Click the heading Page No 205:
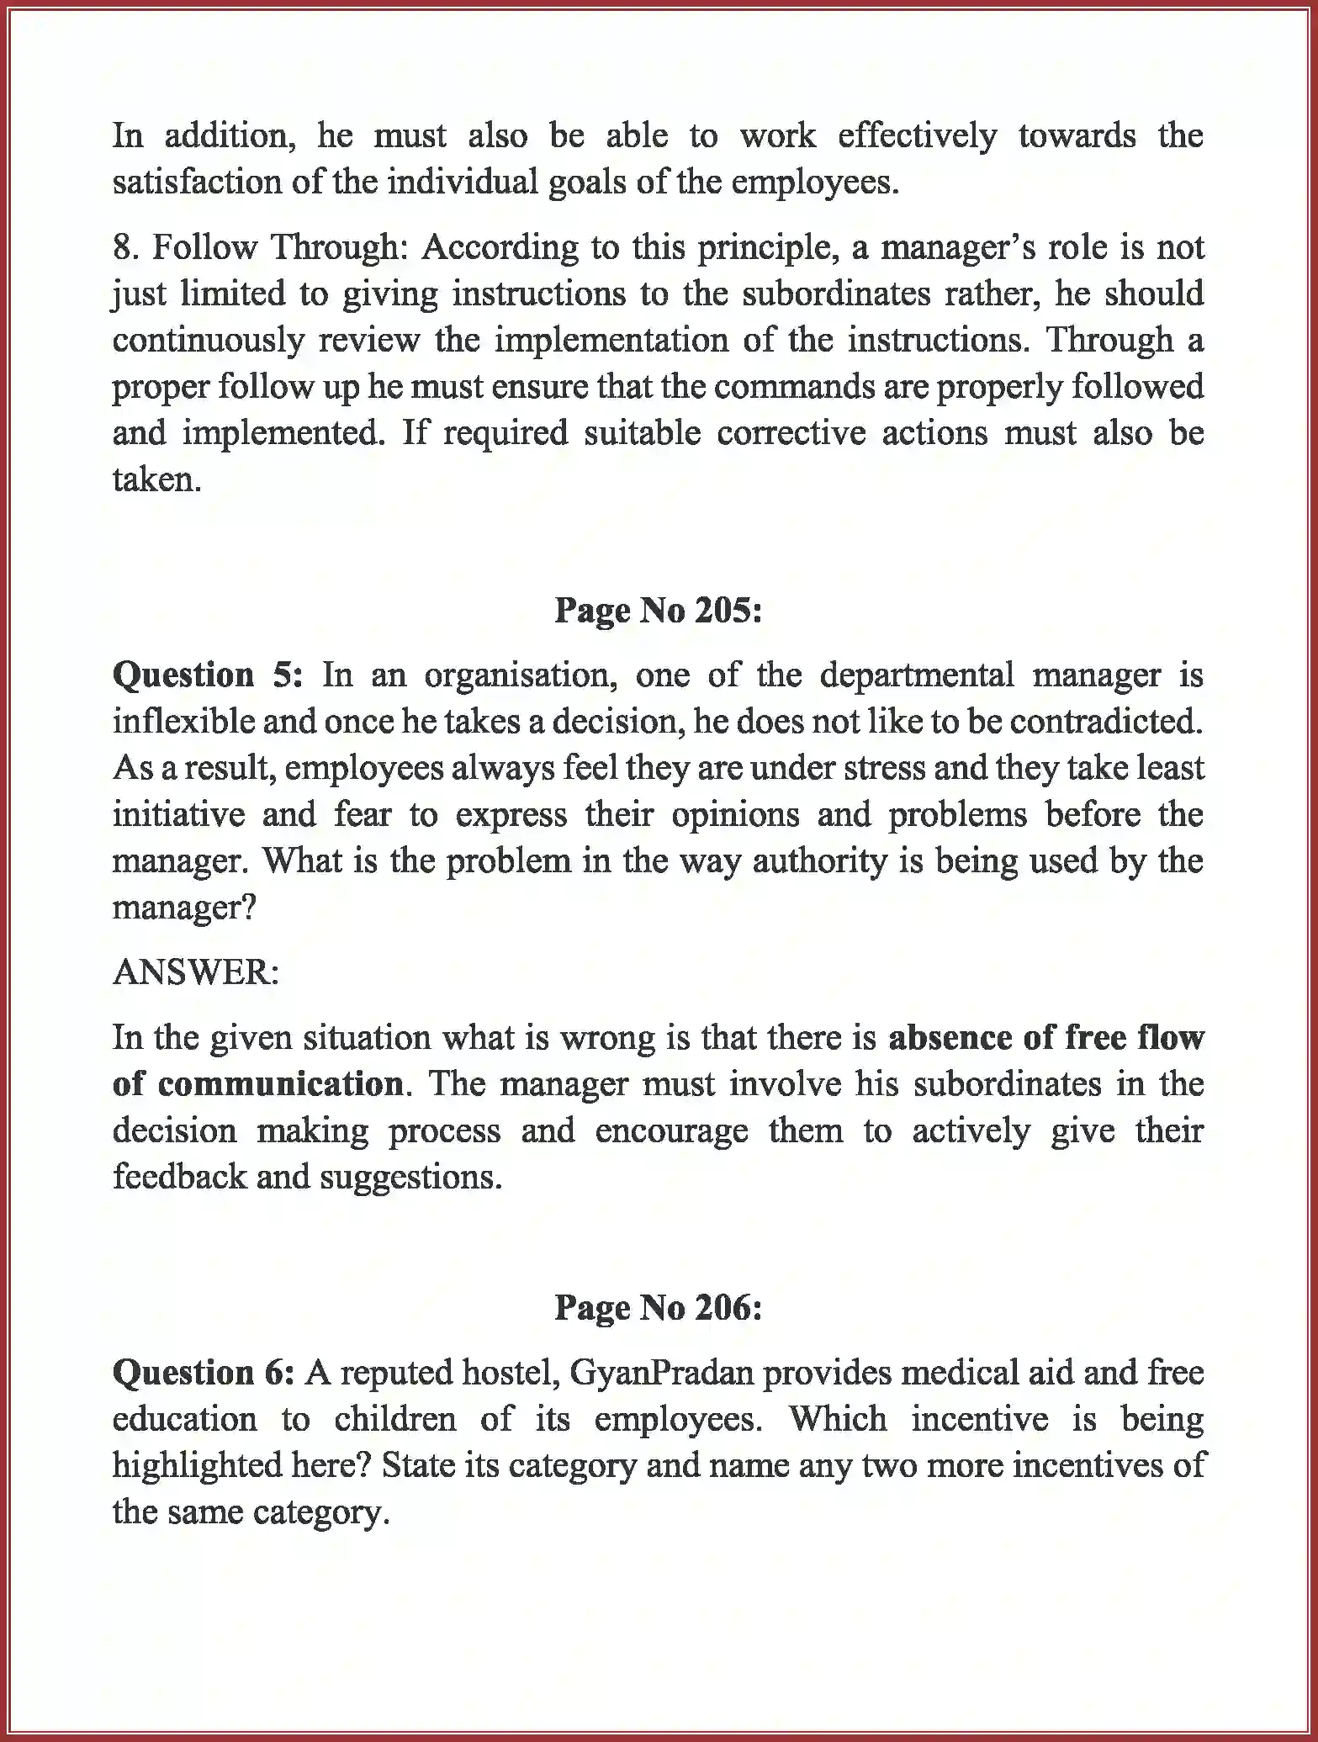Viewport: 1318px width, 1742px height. coord(658,611)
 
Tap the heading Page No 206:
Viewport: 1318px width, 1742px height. coord(658,1307)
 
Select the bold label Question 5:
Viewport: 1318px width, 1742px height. coord(207,675)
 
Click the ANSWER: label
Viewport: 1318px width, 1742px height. coord(196,972)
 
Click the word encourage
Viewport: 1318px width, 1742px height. coord(671,1130)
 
